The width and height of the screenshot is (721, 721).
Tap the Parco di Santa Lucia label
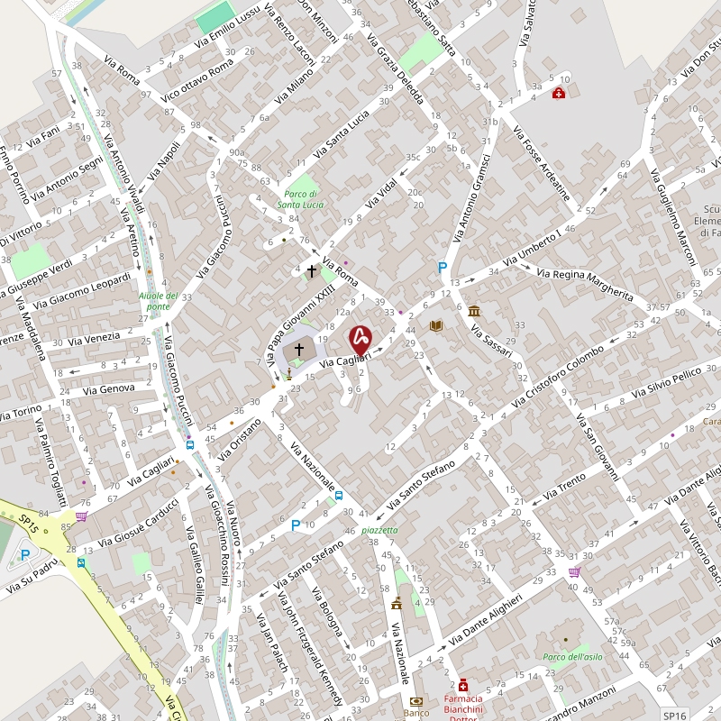[300, 199]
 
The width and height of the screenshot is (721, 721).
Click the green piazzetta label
[379, 530]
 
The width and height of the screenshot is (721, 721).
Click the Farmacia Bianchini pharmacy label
[463, 698]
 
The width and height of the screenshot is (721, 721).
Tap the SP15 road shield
[29, 521]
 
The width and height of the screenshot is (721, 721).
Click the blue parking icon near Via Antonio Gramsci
[442, 268]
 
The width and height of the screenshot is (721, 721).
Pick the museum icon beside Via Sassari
[474, 311]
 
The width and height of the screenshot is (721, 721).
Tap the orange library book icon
[437, 325]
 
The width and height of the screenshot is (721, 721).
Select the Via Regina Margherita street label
[585, 284]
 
